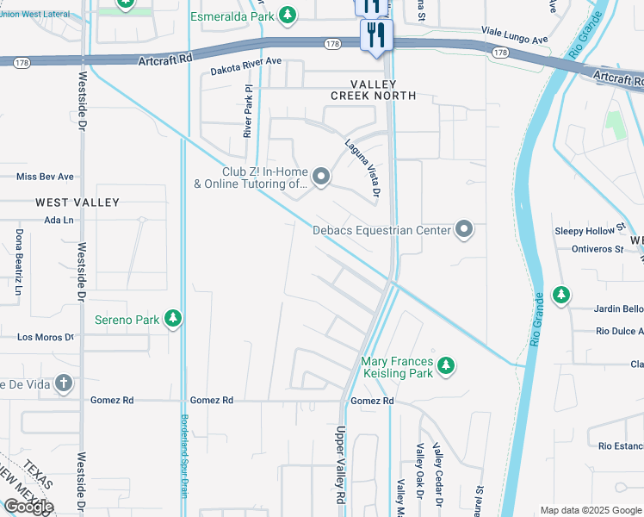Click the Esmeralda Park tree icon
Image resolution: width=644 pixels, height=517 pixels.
click(x=288, y=15)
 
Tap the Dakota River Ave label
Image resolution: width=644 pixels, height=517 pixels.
click(x=247, y=62)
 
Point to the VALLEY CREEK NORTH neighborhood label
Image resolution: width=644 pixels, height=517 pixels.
click(x=372, y=90)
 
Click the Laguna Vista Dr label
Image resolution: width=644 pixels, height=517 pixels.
click(x=362, y=168)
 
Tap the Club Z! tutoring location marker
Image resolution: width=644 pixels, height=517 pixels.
click(x=321, y=178)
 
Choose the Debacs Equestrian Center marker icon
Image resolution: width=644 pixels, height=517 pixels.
click(x=464, y=229)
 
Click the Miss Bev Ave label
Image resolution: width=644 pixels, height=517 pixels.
click(x=46, y=177)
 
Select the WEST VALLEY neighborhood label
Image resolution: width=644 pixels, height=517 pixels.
click(x=77, y=202)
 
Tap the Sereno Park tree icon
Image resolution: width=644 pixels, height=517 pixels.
click(x=173, y=320)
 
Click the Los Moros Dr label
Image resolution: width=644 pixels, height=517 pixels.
click(x=45, y=337)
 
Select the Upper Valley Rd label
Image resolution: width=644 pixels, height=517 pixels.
click(x=340, y=465)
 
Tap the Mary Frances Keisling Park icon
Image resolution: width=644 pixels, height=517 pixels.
click(x=445, y=367)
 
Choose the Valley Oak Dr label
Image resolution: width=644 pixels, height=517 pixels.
click(x=420, y=472)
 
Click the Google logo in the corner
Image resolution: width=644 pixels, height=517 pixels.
click(x=28, y=506)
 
